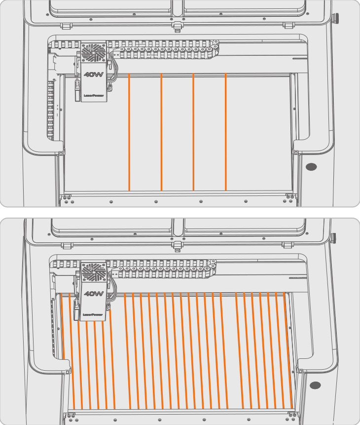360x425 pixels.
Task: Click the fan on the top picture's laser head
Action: tap(93, 52)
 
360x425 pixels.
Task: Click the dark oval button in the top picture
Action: tap(312, 167)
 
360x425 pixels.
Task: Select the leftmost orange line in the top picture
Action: tap(129, 132)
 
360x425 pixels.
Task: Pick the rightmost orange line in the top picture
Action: tap(225, 132)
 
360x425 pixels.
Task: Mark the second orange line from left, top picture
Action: tap(161, 132)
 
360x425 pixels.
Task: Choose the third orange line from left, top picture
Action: tap(193, 132)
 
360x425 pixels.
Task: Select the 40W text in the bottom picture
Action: tap(93, 294)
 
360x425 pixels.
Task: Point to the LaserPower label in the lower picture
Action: tap(93, 314)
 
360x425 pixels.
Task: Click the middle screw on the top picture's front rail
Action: tap(156, 202)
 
